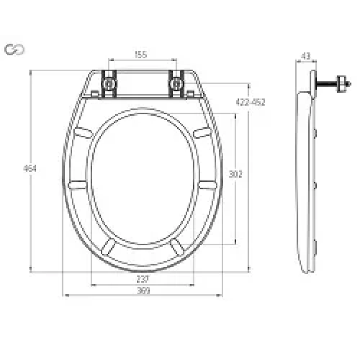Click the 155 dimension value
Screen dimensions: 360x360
pyautogui.click(x=141, y=55)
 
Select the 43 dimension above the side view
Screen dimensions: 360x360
pyautogui.click(x=306, y=56)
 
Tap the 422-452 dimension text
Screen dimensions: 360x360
pyautogui.click(x=251, y=102)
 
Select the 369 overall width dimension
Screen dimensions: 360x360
pyautogui.click(x=143, y=291)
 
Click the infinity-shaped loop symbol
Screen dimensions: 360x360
pyautogui.click(x=14, y=49)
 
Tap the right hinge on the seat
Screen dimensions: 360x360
pyautogui.click(x=177, y=83)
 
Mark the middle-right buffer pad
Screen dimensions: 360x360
pyautogui.click(x=207, y=184)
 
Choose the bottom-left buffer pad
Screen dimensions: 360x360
pyautogui.click(x=108, y=246)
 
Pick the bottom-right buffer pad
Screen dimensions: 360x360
pyautogui.click(x=177, y=246)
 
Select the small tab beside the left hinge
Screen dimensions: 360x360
pyautogui.click(x=95, y=94)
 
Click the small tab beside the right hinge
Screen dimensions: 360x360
pyautogui.click(x=191, y=94)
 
